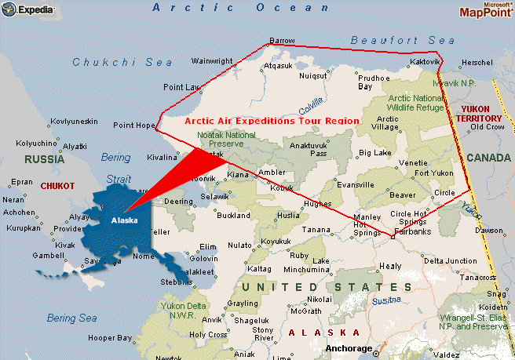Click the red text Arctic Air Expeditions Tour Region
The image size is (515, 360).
coord(272,122)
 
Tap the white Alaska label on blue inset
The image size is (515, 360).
coord(124,220)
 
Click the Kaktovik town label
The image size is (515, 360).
coord(425,61)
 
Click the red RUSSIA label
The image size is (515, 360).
coord(43,158)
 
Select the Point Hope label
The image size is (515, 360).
coord(134,125)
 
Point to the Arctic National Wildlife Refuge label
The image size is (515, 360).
coord(415,105)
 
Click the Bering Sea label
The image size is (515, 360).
coord(71,318)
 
